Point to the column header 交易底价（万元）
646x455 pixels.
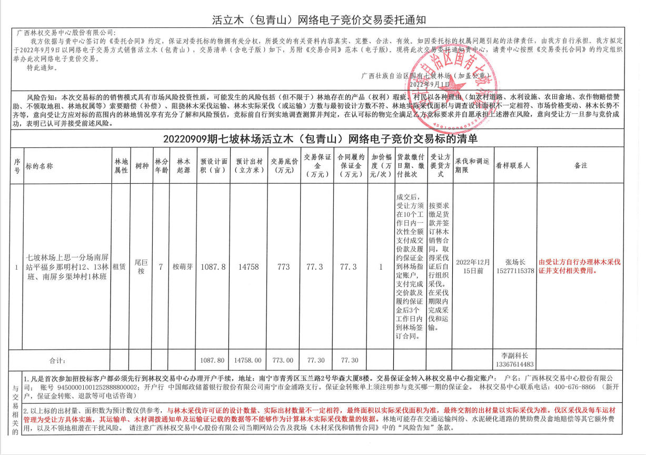(x=284, y=165)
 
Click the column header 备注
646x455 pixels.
(x=580, y=165)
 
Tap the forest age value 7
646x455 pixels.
(x=160, y=267)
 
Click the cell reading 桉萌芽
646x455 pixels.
(x=183, y=267)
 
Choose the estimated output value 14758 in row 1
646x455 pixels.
(x=249, y=267)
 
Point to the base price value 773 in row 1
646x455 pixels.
(x=284, y=267)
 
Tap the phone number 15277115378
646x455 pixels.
(x=515, y=271)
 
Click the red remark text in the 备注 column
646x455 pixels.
(x=580, y=266)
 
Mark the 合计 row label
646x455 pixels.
(x=58, y=360)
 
